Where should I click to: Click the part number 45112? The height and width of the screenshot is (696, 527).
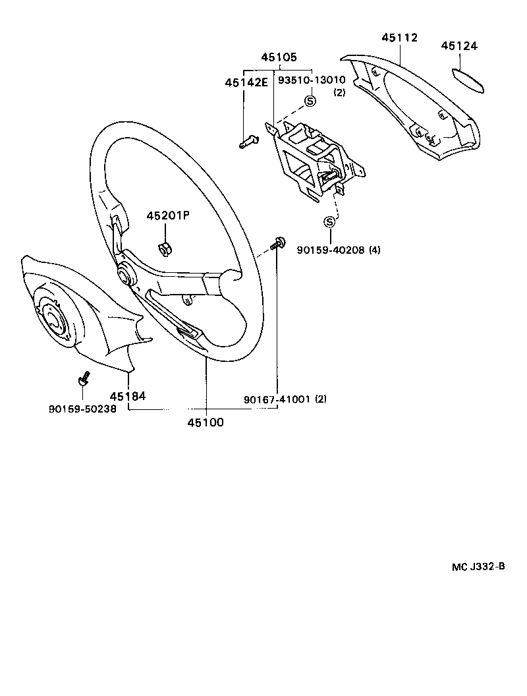[x=399, y=38]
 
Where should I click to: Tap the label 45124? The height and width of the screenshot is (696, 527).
[x=459, y=46]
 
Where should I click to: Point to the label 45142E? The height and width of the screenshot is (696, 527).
[x=246, y=82]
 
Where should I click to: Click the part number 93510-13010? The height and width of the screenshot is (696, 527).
[x=311, y=80]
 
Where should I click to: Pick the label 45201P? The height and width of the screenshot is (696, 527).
[x=167, y=216]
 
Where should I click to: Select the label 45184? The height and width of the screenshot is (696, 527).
[x=127, y=396]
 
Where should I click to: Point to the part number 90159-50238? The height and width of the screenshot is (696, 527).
[x=82, y=409]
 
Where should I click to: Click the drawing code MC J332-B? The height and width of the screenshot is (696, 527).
[x=478, y=566]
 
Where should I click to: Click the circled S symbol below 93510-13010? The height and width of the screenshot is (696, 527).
[x=310, y=101]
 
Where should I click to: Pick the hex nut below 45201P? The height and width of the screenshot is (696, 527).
[x=165, y=248]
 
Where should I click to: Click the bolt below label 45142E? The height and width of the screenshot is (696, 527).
[x=248, y=141]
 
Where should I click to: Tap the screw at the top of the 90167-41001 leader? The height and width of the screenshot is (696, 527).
[x=277, y=243]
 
